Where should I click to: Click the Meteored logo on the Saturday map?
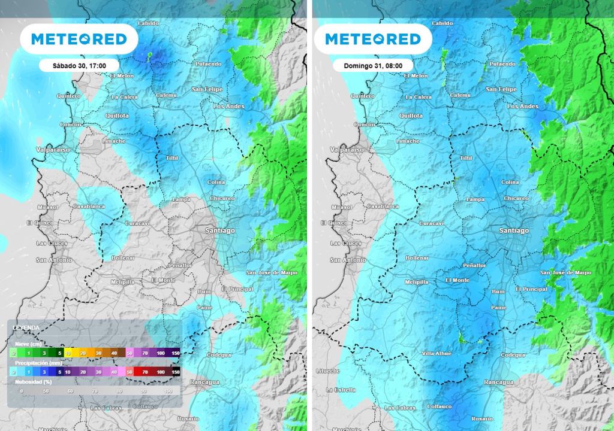pyautogui.click(x=79, y=40)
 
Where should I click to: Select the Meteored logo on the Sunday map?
pyautogui.click(x=373, y=40)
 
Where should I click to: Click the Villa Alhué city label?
pyautogui.click(x=437, y=353)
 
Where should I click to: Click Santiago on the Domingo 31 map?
pyautogui.click(x=514, y=230)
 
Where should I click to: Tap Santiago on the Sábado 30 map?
pyautogui.click(x=220, y=230)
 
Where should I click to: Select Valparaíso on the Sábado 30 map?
pyautogui.click(x=53, y=150)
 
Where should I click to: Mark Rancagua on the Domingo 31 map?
pyautogui.click(x=499, y=381)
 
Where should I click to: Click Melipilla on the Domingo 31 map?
pyautogui.click(x=416, y=281)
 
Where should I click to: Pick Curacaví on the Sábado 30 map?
pyautogui.click(x=138, y=223)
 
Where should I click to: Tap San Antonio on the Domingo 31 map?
pyautogui.click(x=348, y=260)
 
